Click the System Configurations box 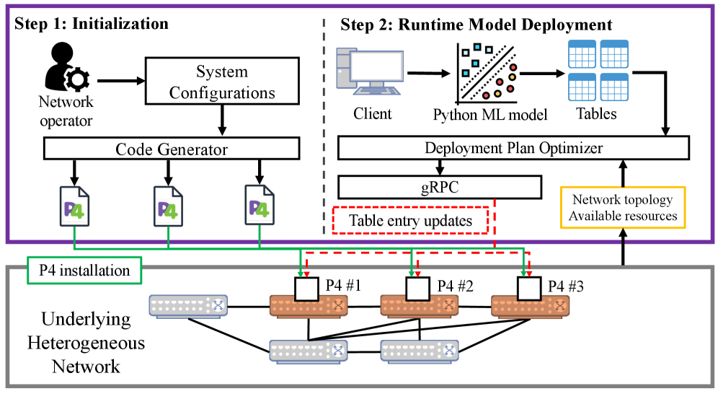(x=222, y=81)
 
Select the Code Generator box (x=172, y=149)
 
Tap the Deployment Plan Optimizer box (x=513, y=147)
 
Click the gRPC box (x=440, y=187)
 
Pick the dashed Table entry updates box (x=410, y=220)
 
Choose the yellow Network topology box (x=623, y=207)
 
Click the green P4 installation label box (x=84, y=271)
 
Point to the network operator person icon (x=67, y=67)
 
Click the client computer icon (x=370, y=71)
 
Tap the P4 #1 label (x=343, y=286)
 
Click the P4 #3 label (x=566, y=286)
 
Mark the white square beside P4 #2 (x=417, y=289)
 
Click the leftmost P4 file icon (x=75, y=206)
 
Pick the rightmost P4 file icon (x=260, y=205)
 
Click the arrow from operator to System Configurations (x=121, y=81)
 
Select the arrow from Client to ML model (x=429, y=73)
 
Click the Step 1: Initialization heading (x=92, y=23)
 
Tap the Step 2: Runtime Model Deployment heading (x=477, y=25)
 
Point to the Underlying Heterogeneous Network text (x=86, y=343)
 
